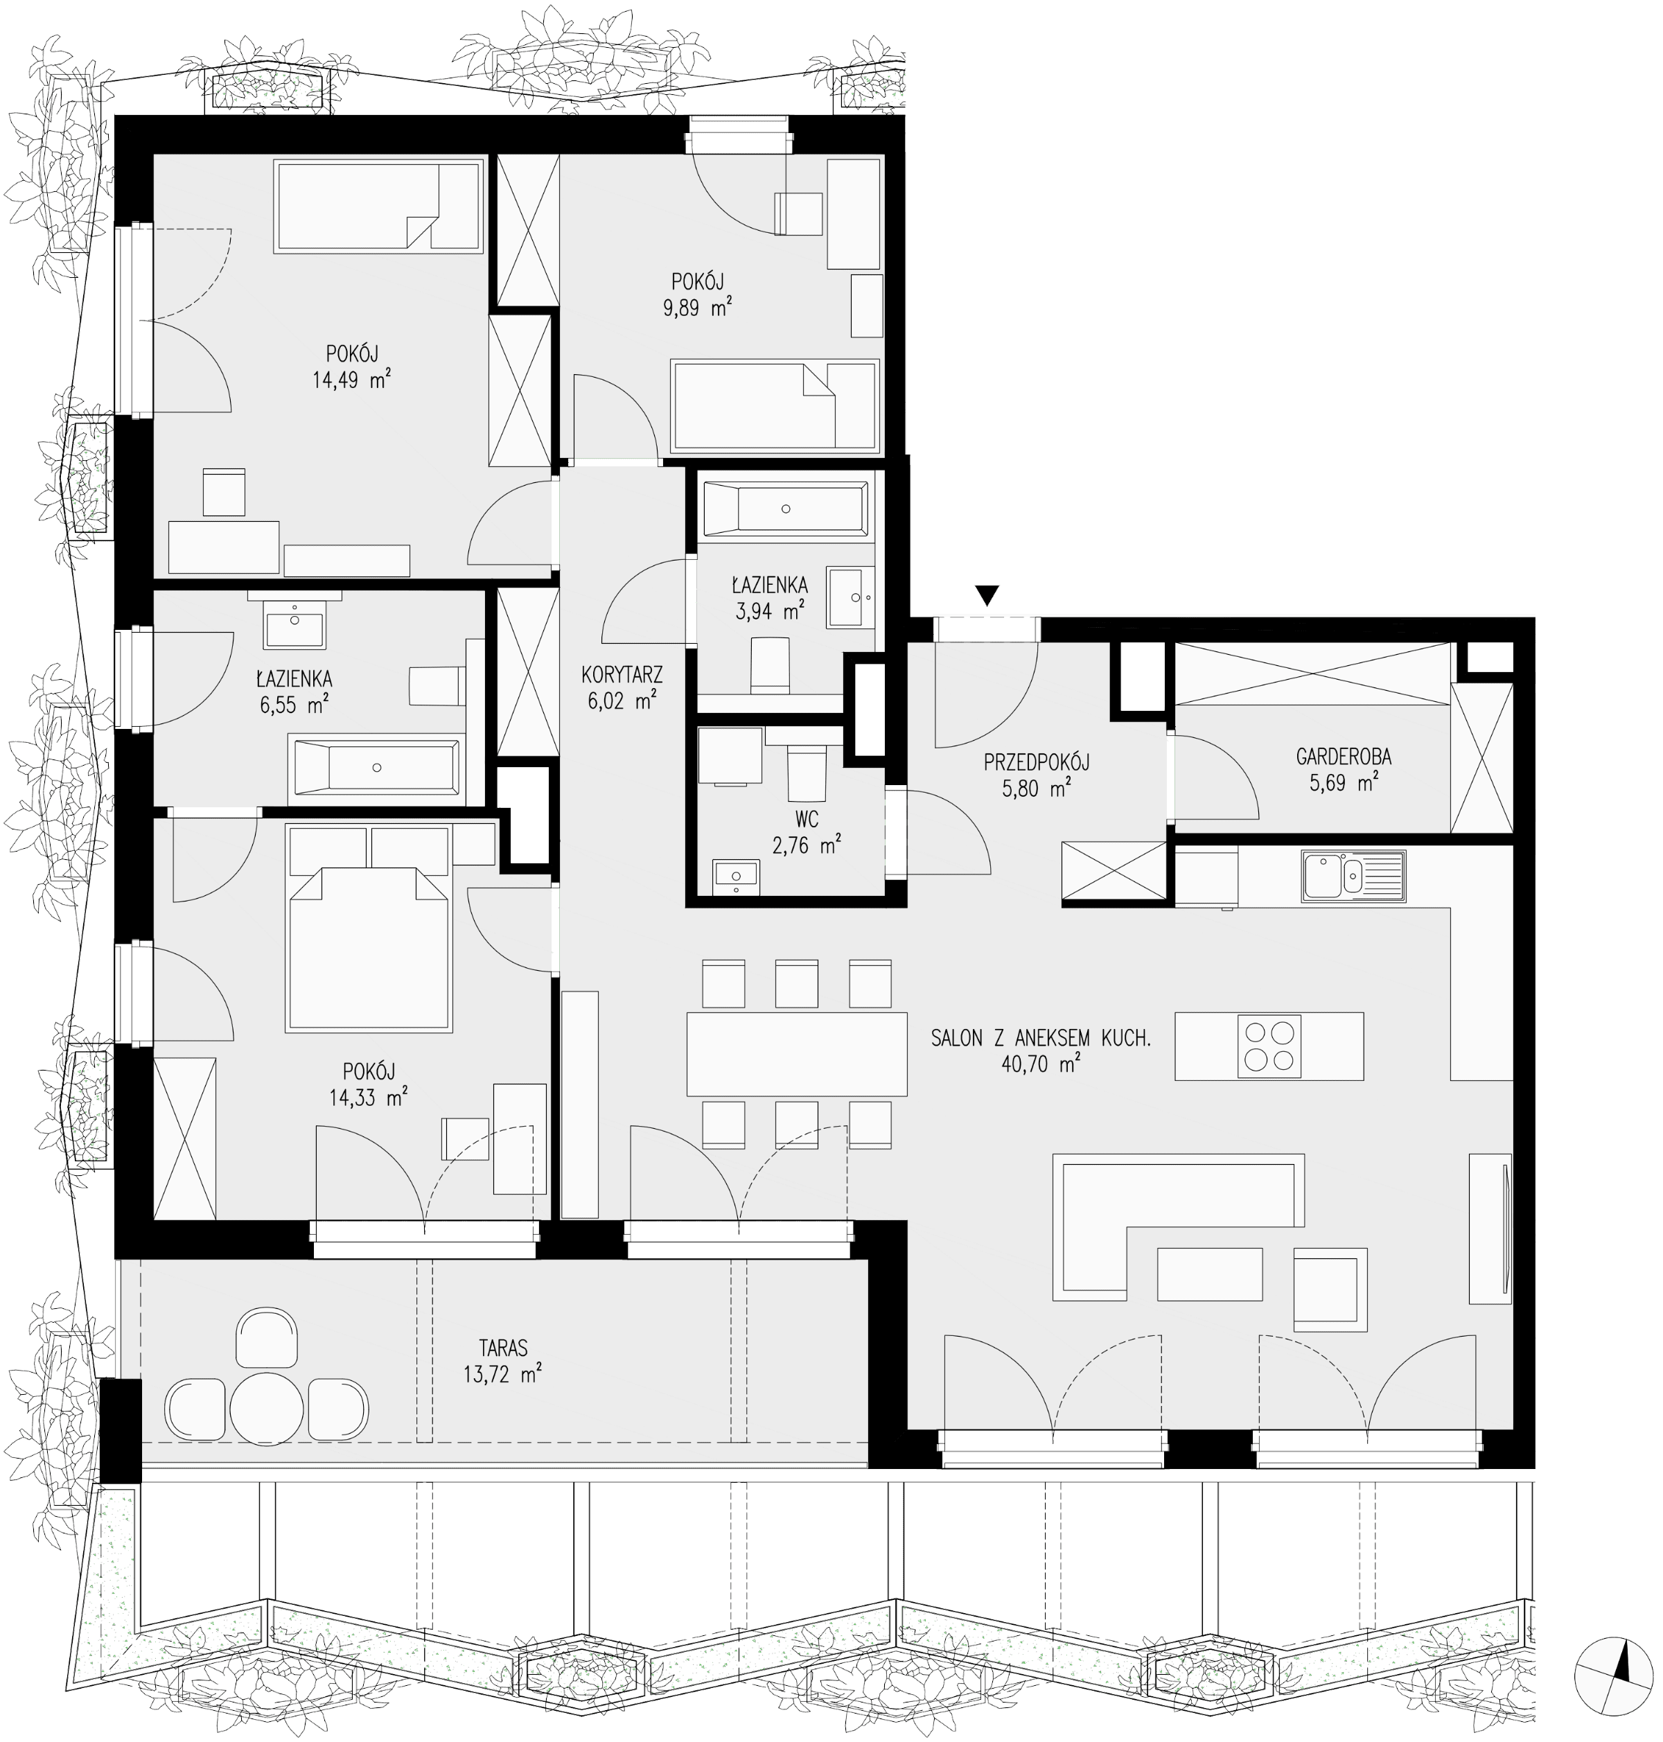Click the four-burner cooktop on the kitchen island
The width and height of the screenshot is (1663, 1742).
1269,1046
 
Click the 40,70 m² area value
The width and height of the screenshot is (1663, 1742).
1040,1065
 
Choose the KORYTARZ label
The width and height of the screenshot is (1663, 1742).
622,675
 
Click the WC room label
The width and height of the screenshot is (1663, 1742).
807,818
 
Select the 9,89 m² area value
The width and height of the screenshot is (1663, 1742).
701,308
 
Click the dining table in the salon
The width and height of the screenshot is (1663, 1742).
797,1054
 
